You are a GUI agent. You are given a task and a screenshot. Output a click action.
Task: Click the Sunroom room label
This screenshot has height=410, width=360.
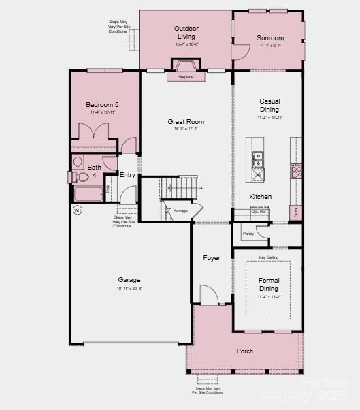click(270, 37)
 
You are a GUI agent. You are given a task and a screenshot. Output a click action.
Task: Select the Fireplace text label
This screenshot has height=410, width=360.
click(185, 77)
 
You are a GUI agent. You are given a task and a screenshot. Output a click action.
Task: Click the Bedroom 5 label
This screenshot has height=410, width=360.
click(102, 104)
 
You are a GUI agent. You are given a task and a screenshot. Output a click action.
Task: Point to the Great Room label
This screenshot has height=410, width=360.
click(186, 122)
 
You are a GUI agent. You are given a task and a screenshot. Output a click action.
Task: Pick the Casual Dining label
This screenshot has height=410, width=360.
click(269, 106)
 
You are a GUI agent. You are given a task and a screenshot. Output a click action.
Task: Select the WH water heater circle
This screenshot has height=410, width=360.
click(77, 210)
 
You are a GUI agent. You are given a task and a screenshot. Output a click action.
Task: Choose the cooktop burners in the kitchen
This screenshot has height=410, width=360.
click(296, 171)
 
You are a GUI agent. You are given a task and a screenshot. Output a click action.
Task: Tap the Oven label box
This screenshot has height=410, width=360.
click(296, 212)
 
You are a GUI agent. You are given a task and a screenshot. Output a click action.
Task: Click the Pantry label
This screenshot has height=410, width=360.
click(248, 234)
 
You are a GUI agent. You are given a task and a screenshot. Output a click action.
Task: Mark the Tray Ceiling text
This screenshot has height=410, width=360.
click(268, 257)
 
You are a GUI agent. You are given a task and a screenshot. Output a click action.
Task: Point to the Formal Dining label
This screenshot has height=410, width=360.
click(269, 284)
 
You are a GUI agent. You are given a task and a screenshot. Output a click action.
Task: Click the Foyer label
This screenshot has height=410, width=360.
click(212, 258)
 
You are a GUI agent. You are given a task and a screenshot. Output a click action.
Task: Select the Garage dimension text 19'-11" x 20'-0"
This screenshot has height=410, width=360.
click(129, 289)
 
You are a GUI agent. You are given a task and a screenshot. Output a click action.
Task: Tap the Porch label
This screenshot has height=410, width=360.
click(244, 351)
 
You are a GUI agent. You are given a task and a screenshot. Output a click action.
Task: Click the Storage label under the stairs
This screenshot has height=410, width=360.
click(180, 211)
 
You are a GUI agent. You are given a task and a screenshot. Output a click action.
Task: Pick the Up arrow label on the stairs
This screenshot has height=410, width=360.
click(200, 187)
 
